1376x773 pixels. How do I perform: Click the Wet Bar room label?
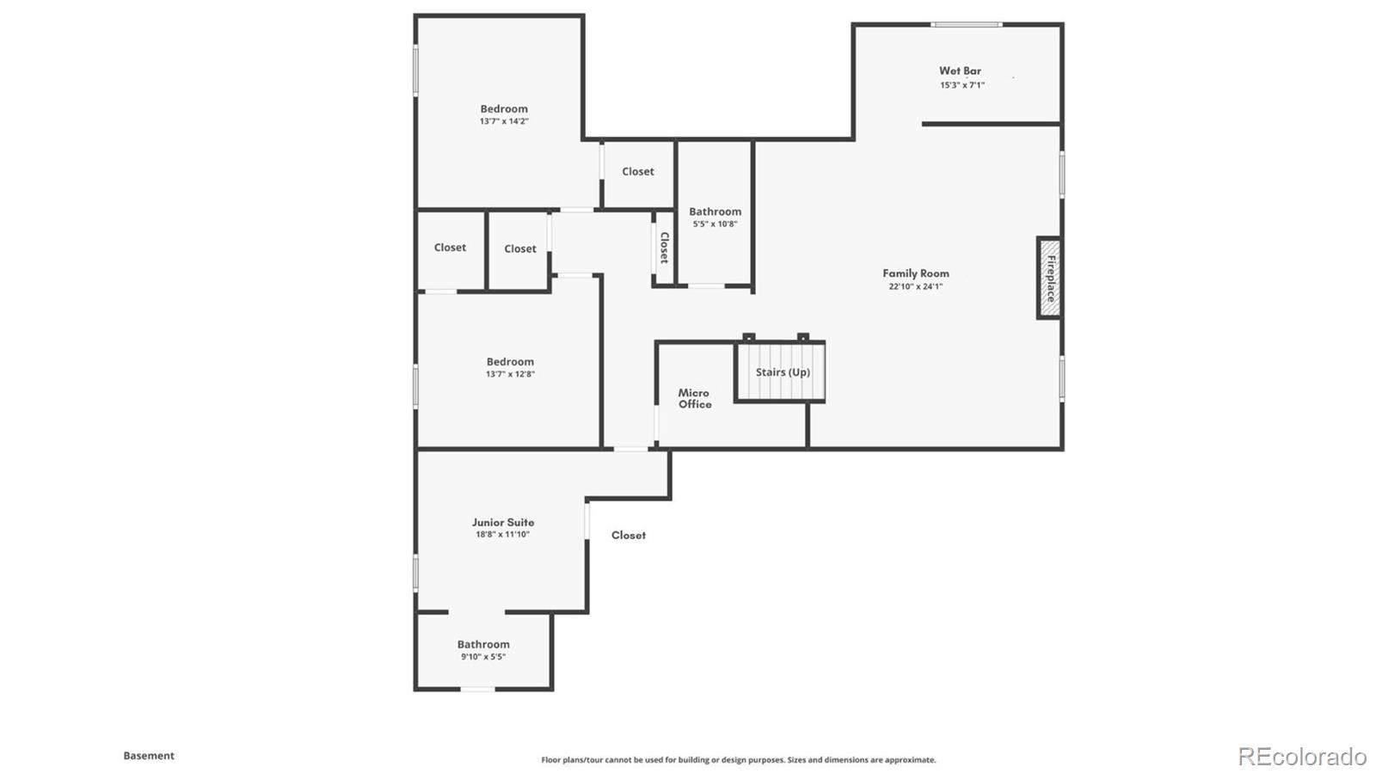pos(960,71)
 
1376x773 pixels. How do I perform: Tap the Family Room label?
pos(916,273)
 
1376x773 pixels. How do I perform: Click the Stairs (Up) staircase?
pos(781,371)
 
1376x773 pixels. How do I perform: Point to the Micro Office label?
pos(694,398)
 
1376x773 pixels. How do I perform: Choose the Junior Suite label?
pos(503,522)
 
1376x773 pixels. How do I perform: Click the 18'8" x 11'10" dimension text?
pos(503,535)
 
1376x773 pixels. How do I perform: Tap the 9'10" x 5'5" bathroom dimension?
pos(483,657)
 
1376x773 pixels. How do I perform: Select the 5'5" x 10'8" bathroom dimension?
pos(715,224)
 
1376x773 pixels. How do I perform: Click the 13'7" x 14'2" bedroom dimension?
pos(504,121)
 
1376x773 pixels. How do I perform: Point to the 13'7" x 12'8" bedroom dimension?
pos(510,374)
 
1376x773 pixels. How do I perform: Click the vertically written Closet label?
pos(664,248)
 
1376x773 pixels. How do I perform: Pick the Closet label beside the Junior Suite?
pos(629,535)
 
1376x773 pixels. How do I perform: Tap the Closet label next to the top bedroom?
pos(638,172)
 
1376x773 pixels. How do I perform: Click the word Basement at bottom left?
pos(149,756)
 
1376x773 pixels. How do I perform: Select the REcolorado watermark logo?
pos(1302,756)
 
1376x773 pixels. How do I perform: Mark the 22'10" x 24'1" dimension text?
pos(916,286)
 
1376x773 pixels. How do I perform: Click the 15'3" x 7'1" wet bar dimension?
pos(962,85)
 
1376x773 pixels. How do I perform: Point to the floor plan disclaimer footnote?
pos(738,760)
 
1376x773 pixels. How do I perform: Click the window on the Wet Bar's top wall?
pos(967,24)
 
